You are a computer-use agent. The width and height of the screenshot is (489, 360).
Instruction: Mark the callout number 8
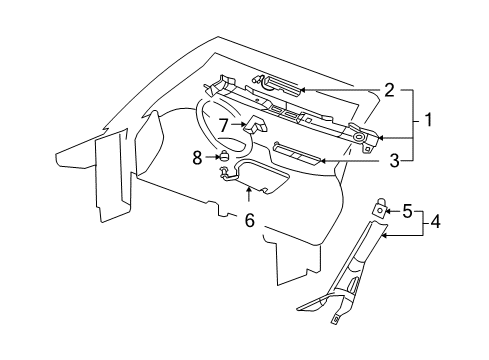click(196, 155)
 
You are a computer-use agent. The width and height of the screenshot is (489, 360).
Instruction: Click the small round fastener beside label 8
click(223, 155)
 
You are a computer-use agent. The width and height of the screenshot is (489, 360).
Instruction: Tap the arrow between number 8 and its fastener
click(209, 155)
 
